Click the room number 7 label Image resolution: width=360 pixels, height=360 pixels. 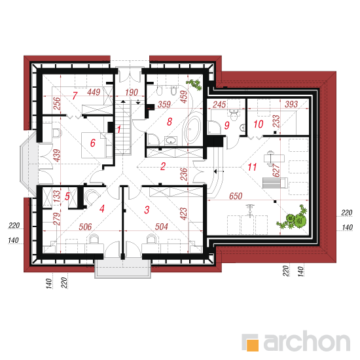click(75, 96)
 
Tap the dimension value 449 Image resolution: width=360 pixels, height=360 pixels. click(94, 92)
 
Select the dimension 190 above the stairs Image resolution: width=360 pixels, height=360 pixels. click(132, 92)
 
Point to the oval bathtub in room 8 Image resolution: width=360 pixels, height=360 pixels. click(193, 128)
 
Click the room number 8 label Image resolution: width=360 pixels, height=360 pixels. click(170, 122)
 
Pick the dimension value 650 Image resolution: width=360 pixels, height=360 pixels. click(236, 196)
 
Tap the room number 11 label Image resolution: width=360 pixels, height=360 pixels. click(252, 167)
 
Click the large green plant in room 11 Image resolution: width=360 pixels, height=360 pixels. click(293, 218)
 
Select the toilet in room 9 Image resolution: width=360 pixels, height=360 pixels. click(234, 115)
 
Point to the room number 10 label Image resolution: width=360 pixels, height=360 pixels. click(259, 124)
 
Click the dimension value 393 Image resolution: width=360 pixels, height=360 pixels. click(291, 104)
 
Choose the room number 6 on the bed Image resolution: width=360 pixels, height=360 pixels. click(93, 143)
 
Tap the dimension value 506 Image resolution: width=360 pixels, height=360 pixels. click(85, 227)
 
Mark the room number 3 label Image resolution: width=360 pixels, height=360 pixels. click(147, 210)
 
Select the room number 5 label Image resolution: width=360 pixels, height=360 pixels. click(67, 196)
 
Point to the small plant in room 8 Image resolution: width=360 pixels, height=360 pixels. click(194, 84)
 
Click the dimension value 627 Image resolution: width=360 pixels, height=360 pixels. click(276, 170)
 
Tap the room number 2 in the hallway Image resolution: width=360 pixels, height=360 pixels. click(163, 166)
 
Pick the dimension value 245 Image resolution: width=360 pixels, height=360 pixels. click(219, 105)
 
